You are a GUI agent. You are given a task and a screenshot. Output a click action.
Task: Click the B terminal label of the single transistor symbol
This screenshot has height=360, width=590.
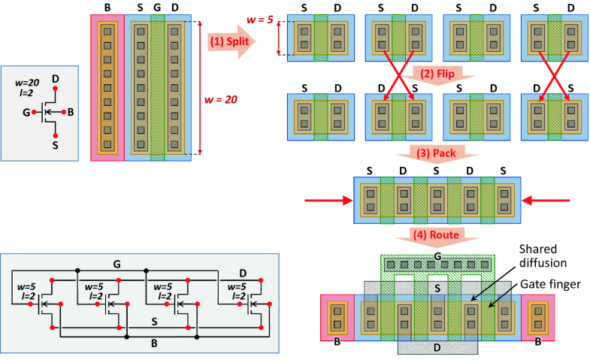[70, 113]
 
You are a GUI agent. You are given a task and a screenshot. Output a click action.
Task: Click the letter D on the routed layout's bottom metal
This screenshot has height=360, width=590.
[437, 347]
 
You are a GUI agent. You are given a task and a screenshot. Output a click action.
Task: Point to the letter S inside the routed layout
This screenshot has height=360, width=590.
[437, 288]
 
